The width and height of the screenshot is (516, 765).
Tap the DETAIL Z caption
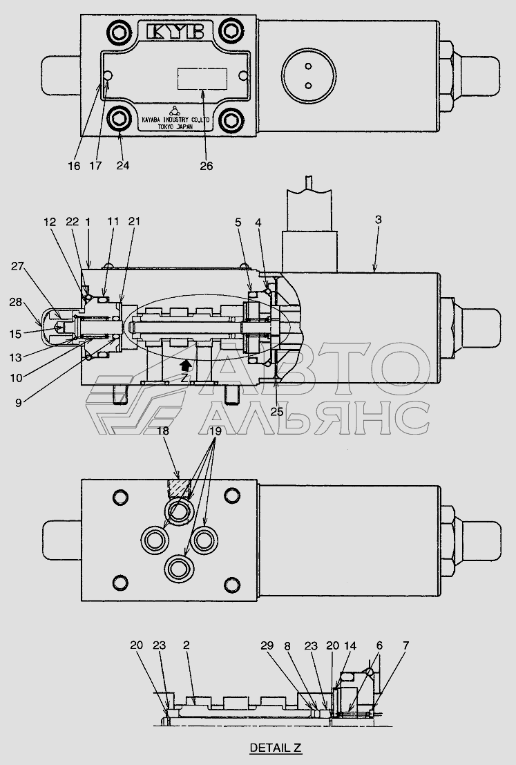click(x=276, y=748)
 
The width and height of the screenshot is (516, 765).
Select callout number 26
click(x=207, y=166)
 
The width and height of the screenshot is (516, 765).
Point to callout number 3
click(x=379, y=220)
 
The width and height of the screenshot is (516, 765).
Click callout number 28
click(x=16, y=302)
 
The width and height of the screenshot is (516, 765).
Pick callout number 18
click(x=163, y=431)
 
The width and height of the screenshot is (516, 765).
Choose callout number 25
click(x=276, y=412)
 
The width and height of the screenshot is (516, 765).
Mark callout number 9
click(x=19, y=403)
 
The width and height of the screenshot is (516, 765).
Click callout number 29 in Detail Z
click(x=267, y=645)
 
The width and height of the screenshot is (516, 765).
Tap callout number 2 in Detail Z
click(x=186, y=645)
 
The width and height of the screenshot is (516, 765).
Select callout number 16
click(x=74, y=166)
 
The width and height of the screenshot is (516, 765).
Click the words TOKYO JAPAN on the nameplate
click(x=175, y=126)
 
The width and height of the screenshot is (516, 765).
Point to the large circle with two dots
click(x=309, y=75)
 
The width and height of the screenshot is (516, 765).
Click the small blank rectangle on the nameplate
click(x=202, y=79)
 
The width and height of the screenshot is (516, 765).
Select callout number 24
click(x=123, y=165)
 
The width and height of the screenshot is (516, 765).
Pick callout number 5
click(x=238, y=222)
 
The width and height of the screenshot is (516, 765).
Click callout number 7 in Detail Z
click(x=405, y=645)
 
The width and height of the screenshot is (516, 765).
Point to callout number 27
click(x=17, y=266)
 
